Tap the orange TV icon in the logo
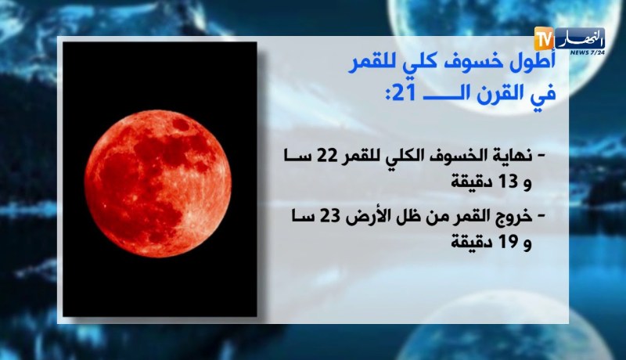(543, 37)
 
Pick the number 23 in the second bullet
(327, 217)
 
